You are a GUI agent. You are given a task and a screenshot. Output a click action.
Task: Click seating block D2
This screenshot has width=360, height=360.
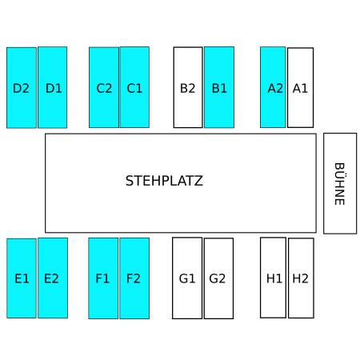point(22,88)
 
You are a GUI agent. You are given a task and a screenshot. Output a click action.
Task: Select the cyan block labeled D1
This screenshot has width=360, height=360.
point(53,87)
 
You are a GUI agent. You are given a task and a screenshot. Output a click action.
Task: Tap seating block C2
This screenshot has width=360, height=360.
point(104,87)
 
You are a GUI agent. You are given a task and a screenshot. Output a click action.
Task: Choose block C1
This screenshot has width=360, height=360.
point(134,87)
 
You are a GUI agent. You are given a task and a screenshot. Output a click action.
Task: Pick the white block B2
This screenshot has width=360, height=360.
point(188,87)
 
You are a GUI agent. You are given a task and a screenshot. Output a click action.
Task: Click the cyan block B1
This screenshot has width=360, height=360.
point(219,87)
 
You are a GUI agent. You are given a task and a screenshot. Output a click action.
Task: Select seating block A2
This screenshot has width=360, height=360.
point(273,87)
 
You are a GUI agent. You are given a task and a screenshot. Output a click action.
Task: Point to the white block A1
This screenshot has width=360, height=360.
point(301,88)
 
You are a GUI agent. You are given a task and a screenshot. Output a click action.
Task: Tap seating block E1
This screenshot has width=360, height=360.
point(22,278)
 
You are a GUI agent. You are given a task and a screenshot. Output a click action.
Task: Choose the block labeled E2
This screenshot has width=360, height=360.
point(53,278)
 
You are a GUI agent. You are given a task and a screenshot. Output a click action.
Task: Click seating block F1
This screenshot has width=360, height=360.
point(103,278)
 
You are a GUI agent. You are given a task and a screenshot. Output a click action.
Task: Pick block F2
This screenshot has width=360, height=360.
point(134,278)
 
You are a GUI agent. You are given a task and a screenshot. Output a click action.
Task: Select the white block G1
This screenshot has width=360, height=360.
point(187,278)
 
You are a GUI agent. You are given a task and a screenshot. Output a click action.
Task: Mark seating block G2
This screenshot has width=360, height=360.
point(218,278)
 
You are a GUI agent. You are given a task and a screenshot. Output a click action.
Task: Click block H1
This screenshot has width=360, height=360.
point(273,278)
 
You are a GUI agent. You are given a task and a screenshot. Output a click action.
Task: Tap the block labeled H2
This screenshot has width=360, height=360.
point(301,278)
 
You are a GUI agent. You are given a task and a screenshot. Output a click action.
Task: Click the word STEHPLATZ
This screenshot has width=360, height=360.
point(164,181)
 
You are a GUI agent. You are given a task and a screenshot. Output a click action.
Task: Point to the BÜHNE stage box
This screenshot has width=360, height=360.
point(340,183)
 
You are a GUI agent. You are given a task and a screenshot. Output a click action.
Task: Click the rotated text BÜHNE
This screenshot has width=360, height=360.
point(340,184)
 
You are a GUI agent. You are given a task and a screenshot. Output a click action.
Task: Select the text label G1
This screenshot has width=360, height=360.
point(187,278)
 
